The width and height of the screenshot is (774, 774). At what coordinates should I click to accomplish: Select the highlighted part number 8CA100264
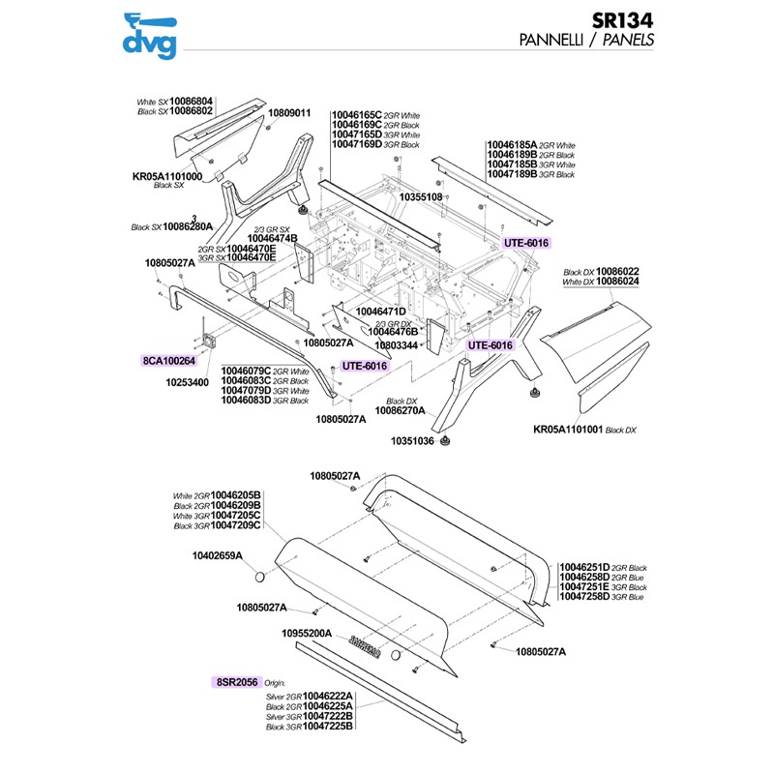click(x=169, y=361)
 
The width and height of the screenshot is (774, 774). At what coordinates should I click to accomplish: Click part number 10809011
click(x=289, y=113)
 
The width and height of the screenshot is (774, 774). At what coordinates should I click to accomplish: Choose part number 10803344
click(x=397, y=344)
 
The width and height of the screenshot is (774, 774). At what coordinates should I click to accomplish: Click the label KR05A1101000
click(x=167, y=177)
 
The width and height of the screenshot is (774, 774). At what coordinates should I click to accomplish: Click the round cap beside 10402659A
click(x=260, y=578)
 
